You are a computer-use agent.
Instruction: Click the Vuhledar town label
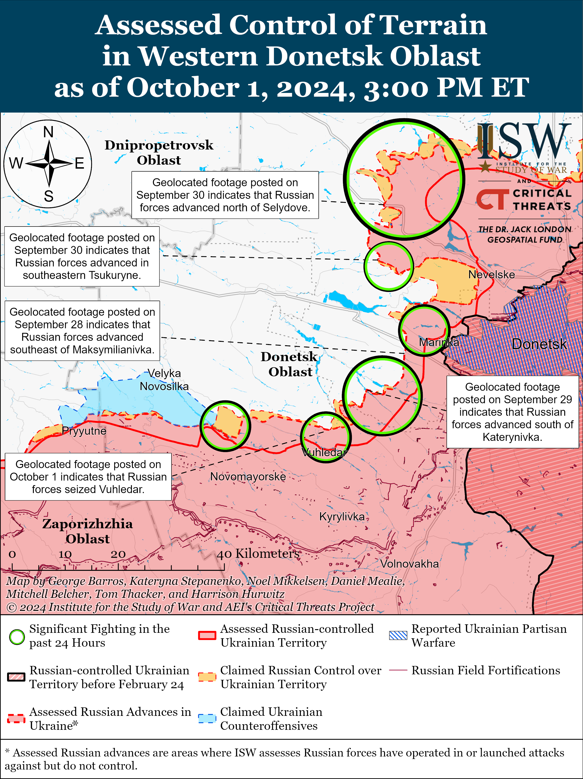click(x=324, y=452)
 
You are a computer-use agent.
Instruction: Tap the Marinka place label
click(x=439, y=342)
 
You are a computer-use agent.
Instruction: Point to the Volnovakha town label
click(x=409, y=564)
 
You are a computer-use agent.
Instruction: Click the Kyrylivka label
click(x=342, y=517)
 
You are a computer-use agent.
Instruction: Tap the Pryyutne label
click(x=84, y=431)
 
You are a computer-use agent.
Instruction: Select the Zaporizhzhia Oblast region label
click(x=88, y=531)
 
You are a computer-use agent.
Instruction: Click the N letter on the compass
click(x=48, y=132)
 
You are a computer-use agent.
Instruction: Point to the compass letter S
click(x=48, y=196)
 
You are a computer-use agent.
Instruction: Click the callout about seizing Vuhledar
click(x=88, y=477)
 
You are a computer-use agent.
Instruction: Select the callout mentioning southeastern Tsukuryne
click(x=82, y=256)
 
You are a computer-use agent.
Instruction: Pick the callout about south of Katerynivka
click(x=512, y=412)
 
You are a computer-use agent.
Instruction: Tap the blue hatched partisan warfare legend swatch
click(x=398, y=635)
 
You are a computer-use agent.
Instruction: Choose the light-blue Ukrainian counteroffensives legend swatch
click(x=207, y=718)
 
